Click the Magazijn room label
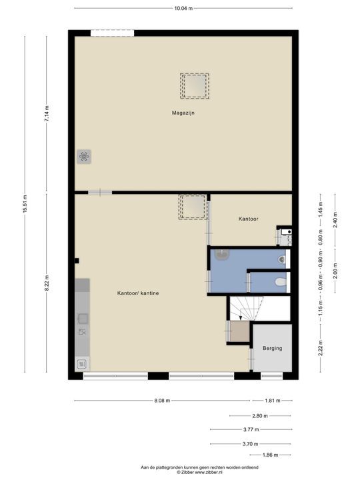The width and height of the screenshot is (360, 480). (183, 113)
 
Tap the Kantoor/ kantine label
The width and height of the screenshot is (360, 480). (138, 293)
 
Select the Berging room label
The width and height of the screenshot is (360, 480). (272, 348)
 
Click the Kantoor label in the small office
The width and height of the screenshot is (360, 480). (248, 219)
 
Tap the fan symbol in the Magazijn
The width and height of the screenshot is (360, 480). (84, 157)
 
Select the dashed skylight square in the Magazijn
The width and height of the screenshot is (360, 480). (195, 86)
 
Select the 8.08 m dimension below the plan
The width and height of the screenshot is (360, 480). (162, 401)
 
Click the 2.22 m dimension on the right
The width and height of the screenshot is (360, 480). (320, 348)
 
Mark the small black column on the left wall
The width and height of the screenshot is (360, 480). (77, 261)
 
